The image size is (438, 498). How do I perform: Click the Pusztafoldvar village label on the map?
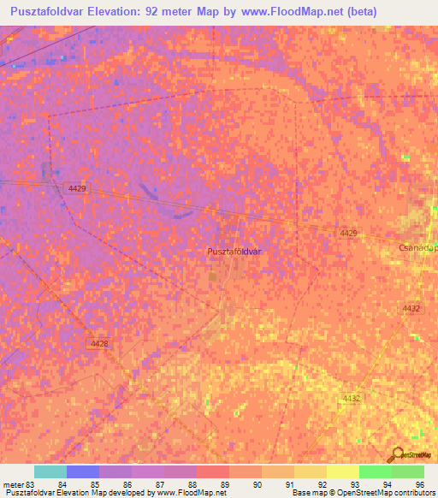tap(234, 252)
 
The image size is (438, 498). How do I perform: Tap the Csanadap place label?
tap(417, 246)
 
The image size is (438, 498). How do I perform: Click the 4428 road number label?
tap(99, 343)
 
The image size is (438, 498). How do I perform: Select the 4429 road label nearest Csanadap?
tap(348, 233)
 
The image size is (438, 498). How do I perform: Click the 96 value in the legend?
tap(419, 486)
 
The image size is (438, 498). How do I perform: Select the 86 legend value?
tap(127, 486)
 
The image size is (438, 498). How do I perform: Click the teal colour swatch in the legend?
tap(50, 471)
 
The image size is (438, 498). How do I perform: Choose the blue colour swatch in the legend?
tap(82, 471)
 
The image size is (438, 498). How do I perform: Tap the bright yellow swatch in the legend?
tap(342, 471)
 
